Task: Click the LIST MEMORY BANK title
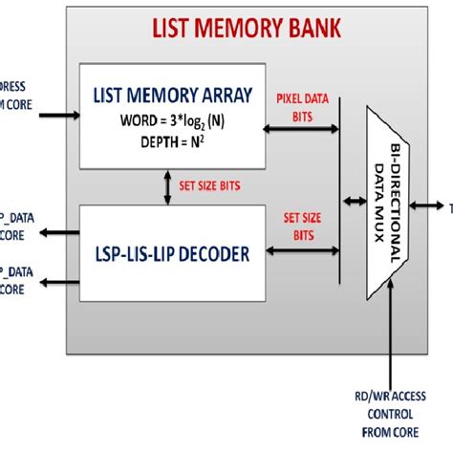coord(248,27)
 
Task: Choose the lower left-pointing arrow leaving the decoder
coord(61,280)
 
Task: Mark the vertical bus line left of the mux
coord(340,201)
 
